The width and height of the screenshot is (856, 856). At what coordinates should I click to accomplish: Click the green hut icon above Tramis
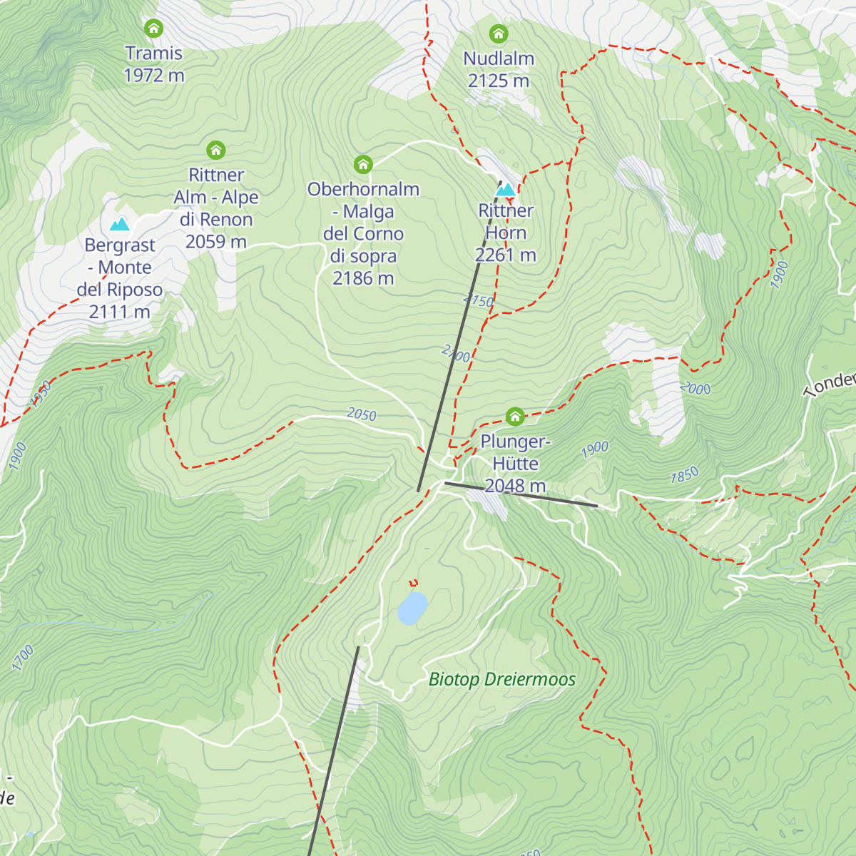153,29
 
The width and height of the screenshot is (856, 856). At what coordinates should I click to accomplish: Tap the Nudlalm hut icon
498,34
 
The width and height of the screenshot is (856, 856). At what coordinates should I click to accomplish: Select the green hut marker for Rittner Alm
216,150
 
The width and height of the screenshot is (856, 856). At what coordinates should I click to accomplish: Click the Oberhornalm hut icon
363,165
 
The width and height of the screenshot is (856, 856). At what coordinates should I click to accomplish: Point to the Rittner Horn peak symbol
505,190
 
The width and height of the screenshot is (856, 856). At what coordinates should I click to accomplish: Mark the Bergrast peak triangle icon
119,224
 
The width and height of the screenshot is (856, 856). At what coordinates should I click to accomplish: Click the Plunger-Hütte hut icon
515,416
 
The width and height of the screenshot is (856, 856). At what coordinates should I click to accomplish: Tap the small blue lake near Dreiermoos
412,608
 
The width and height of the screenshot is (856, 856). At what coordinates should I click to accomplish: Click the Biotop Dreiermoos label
502,679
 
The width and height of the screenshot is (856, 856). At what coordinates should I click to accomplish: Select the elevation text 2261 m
506,255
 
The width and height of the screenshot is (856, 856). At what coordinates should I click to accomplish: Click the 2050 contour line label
362,414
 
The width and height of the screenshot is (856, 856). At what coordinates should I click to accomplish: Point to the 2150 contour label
478,300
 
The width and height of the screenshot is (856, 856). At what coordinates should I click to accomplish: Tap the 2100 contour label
455,354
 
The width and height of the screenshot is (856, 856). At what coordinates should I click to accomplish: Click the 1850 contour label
684,476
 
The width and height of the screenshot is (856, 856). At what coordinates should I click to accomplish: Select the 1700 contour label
23,658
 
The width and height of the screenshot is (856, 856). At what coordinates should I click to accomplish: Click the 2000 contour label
695,388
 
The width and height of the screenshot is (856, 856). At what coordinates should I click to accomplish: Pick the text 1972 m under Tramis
154,76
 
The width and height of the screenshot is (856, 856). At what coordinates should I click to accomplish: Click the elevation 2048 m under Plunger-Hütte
515,486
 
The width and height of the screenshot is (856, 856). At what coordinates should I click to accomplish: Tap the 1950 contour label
41,394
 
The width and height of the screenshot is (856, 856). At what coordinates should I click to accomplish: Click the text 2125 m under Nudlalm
499,81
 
